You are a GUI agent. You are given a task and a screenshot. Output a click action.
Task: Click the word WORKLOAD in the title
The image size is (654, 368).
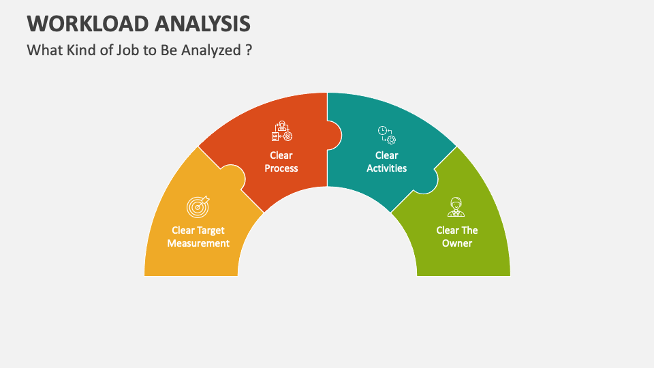[x=82, y=23]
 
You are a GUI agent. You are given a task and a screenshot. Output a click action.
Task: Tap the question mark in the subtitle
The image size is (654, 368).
[x=249, y=50]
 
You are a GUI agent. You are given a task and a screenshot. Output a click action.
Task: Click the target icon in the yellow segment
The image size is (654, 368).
[x=198, y=206]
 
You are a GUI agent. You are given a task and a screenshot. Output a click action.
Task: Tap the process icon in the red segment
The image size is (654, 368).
[x=281, y=132]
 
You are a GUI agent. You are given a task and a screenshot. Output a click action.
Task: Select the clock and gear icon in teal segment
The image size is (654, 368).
[x=387, y=134]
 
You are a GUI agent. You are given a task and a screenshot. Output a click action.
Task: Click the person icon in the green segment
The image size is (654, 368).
[x=456, y=206]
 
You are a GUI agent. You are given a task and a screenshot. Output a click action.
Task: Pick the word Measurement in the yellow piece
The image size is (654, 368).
[x=198, y=243]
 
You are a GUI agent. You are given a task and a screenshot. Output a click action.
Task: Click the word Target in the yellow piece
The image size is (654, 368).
[x=211, y=230]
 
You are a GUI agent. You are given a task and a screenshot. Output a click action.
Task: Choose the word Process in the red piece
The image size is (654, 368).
[x=281, y=168]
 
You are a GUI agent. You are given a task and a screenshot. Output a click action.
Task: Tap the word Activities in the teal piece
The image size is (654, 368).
[x=387, y=168]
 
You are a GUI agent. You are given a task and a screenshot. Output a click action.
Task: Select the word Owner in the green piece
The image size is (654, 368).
[x=456, y=243]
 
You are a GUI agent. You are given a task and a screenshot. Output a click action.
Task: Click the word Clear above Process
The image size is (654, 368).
[x=281, y=155]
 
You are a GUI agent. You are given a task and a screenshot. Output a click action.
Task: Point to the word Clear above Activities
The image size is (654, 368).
[x=387, y=155]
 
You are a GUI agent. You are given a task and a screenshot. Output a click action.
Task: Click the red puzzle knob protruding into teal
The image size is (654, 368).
[x=334, y=135]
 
